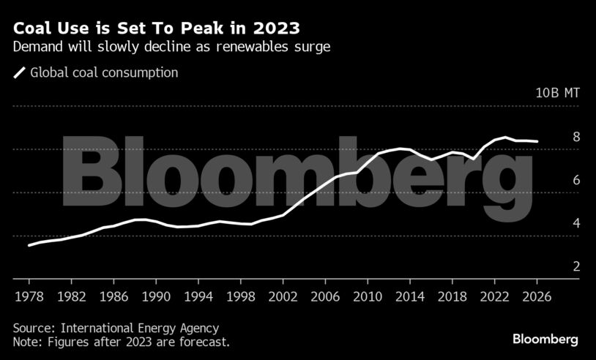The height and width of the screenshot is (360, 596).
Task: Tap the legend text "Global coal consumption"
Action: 104,72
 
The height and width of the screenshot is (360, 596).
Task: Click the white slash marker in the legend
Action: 20,72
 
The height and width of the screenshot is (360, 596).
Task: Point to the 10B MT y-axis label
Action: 557,93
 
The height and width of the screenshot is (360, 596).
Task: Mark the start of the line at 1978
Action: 29,245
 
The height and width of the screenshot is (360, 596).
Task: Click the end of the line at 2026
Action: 538,141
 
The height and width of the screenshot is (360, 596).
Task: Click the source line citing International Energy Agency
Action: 116,329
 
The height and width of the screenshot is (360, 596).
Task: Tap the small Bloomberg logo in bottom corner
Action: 545,340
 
